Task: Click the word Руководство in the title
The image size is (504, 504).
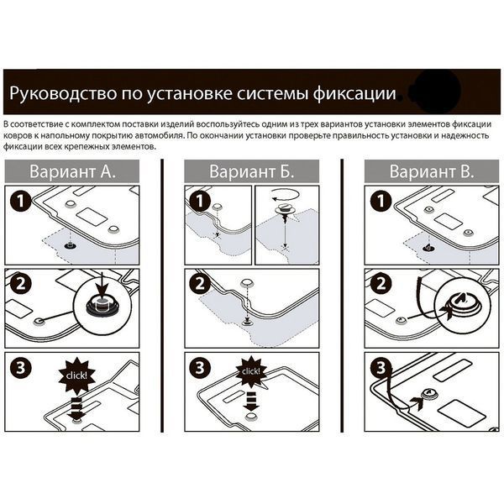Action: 63,93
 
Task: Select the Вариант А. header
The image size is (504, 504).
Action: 72,171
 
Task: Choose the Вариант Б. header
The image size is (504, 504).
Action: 252,171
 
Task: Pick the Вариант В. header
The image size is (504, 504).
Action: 432,171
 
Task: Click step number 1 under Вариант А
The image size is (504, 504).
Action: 20,201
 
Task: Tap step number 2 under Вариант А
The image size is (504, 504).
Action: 20,284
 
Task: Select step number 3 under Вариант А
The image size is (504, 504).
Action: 20,367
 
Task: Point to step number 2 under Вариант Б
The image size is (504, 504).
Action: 200,284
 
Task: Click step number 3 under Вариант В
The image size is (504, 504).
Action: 381,367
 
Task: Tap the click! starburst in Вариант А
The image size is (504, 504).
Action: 76,375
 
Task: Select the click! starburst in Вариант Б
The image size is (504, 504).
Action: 251,371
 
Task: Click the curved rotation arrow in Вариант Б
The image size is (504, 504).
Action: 285,193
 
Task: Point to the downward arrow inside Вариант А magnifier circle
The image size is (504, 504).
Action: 102,286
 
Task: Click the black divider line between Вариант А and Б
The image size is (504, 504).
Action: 162,296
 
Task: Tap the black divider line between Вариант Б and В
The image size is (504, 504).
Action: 342,296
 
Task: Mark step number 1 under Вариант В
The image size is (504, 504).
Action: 381,201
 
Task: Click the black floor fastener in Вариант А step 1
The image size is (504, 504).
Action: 70,246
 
